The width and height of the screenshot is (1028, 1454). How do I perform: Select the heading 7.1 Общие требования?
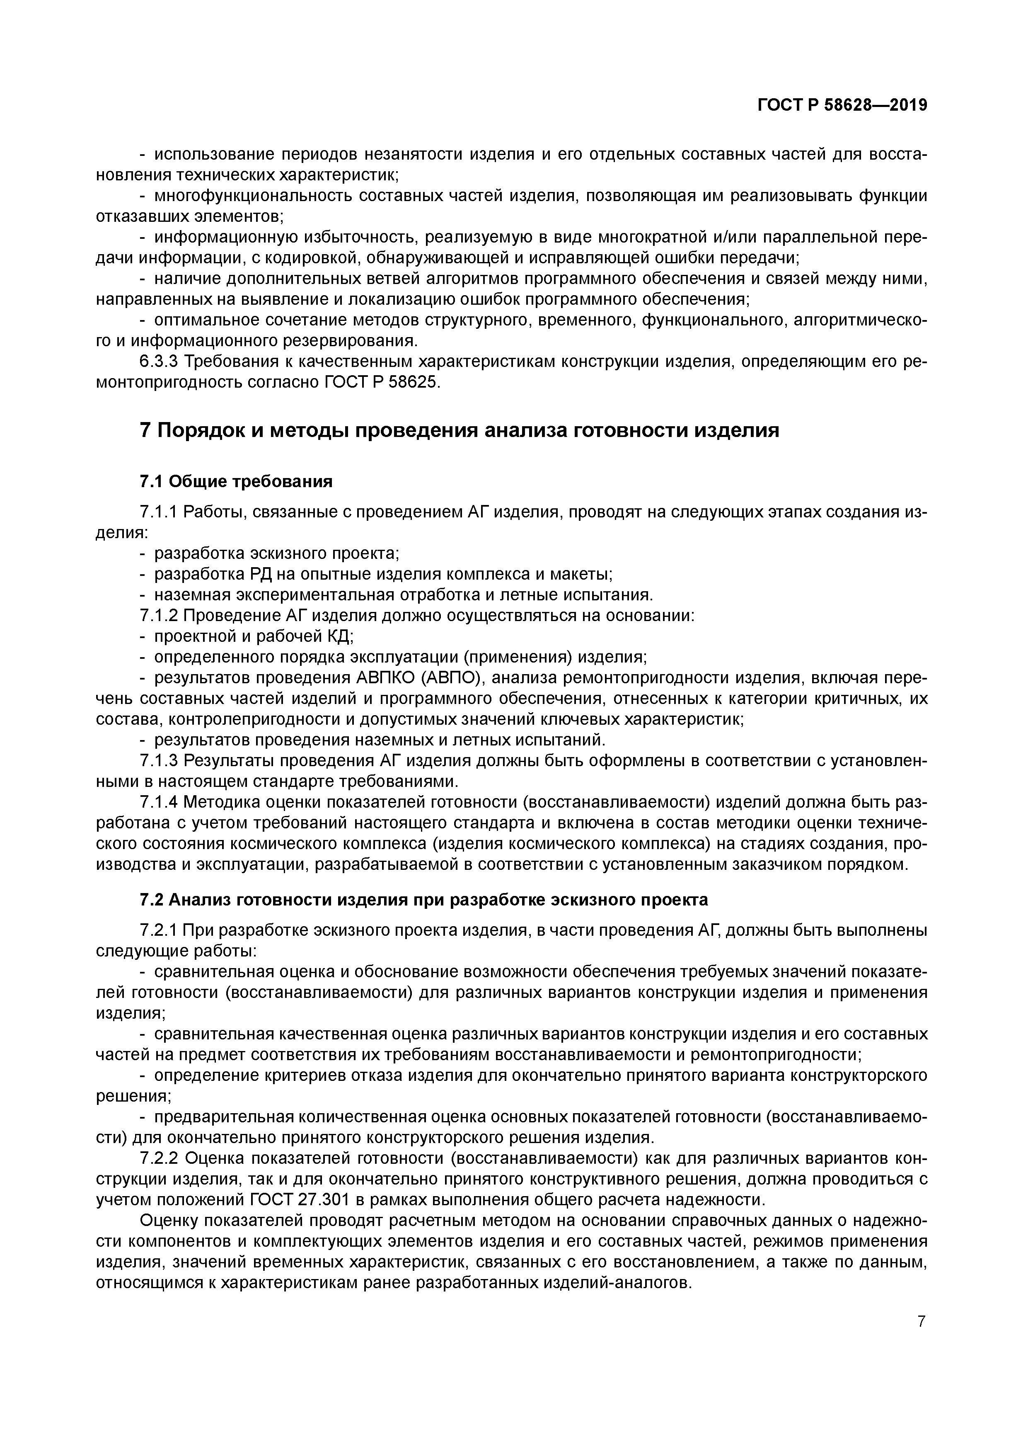point(235,482)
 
